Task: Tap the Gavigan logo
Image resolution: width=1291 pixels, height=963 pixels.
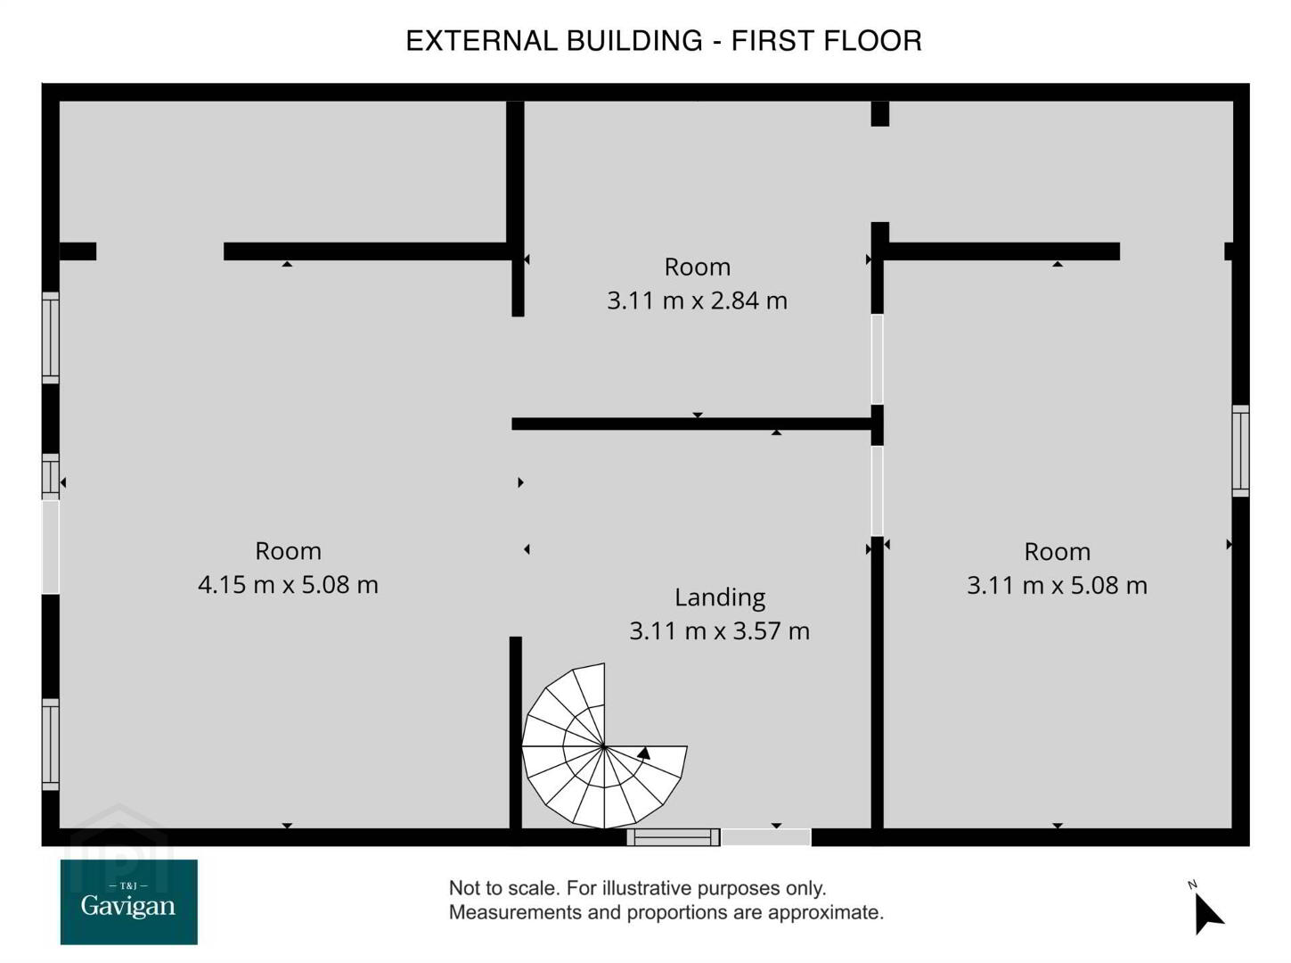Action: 129,901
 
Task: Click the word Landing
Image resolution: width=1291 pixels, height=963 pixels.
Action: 720,597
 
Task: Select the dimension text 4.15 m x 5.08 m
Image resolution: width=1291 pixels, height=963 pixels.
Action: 288,585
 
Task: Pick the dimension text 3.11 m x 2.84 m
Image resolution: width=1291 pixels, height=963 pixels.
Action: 697,300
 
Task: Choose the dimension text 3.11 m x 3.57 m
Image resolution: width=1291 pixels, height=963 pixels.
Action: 719,631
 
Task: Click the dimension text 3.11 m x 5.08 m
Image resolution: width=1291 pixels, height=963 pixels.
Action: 1057,586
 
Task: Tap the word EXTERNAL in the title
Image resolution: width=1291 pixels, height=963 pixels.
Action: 482,41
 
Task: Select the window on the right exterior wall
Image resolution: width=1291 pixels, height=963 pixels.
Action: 1240,451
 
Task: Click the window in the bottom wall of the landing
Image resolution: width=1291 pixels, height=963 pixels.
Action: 674,837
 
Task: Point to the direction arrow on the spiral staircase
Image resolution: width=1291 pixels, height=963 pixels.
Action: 644,753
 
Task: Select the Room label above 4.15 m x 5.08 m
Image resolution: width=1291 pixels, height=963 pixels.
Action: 288,552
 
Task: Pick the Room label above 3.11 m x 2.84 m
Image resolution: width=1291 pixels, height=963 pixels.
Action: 698,267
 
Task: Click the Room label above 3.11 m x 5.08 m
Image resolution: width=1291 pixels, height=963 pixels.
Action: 1058,552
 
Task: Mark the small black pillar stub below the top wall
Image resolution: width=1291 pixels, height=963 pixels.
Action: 880,113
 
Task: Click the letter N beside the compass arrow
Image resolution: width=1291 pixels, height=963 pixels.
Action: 1192,885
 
